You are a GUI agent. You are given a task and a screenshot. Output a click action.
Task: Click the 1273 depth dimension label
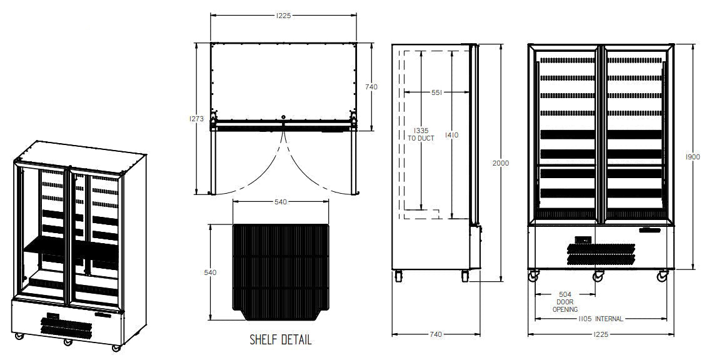click(x=196, y=119)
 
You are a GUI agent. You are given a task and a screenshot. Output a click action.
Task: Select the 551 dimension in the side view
click(x=436, y=92)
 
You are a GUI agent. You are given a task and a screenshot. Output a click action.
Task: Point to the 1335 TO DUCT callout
click(x=421, y=134)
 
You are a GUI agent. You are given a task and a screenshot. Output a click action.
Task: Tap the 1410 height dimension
click(x=452, y=135)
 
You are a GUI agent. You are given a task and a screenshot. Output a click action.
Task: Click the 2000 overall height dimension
click(x=501, y=163)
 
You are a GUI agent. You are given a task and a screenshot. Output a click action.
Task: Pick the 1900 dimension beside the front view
click(x=692, y=157)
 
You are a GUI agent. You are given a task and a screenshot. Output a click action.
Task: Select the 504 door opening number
click(x=565, y=294)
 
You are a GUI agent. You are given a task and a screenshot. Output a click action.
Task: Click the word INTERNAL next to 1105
click(x=608, y=319)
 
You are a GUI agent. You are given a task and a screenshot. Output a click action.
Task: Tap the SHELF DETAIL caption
click(x=280, y=340)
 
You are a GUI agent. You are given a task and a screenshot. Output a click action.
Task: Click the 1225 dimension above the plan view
click(x=283, y=16)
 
